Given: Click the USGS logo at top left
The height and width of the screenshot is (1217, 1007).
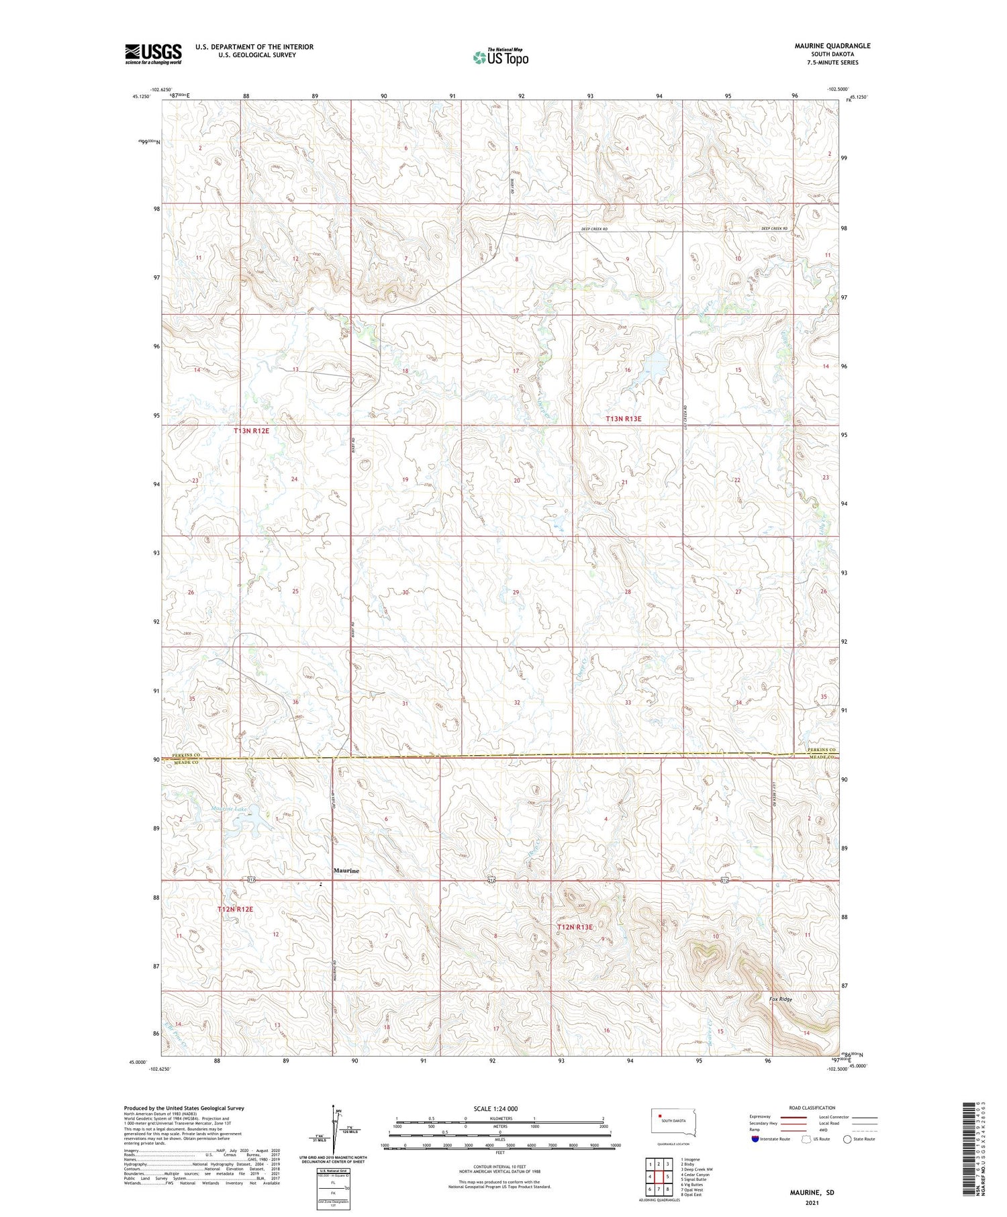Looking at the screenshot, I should point(153,54).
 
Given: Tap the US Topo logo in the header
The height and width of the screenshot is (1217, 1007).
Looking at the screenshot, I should point(500,57).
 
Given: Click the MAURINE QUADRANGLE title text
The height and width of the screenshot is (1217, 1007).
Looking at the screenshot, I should point(832,46).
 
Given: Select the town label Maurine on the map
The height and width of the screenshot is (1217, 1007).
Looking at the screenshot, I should point(346,871).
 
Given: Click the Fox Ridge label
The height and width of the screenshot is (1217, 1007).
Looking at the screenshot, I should point(781,1000).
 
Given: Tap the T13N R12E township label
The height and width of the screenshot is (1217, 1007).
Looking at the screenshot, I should point(251,430).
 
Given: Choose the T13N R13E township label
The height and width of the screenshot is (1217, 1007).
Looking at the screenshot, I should point(624,419).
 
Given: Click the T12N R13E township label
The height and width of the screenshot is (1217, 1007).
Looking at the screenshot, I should point(575,927).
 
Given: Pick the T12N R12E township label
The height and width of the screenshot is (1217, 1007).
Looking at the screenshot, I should point(235,909).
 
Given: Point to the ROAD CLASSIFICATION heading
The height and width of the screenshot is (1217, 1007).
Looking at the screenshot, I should point(812,1108).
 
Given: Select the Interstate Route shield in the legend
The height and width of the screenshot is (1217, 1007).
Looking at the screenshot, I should point(755,1139).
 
